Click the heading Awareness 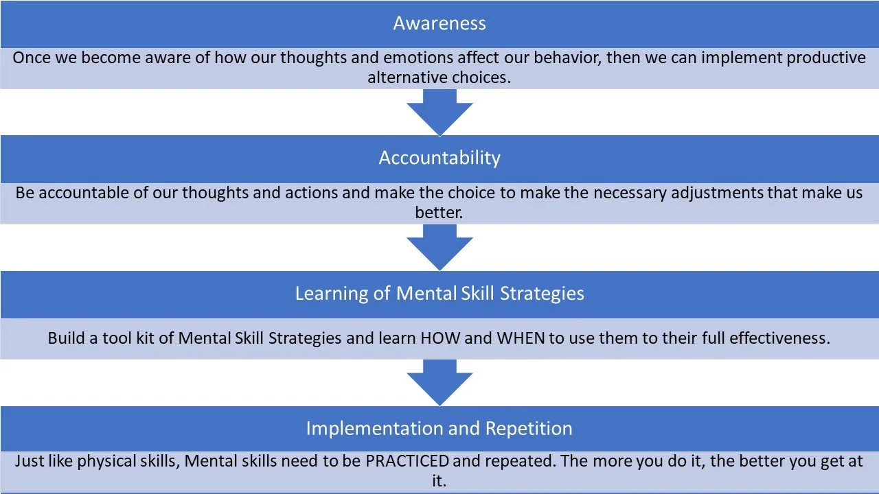click(439, 23)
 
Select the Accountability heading click(439, 158)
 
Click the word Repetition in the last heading click(529, 428)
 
